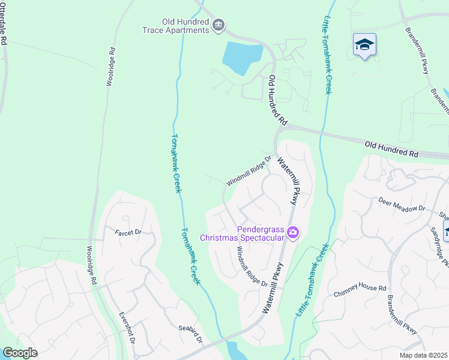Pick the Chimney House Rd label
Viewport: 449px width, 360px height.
360,292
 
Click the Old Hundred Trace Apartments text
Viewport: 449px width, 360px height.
176,26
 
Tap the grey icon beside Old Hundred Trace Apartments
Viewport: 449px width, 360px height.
218,25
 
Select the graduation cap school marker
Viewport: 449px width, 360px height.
364,45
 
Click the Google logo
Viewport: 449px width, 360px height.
20,353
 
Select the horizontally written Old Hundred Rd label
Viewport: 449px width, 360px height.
391,149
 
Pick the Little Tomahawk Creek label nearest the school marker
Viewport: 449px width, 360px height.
328,54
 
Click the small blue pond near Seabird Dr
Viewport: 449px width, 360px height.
234,351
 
